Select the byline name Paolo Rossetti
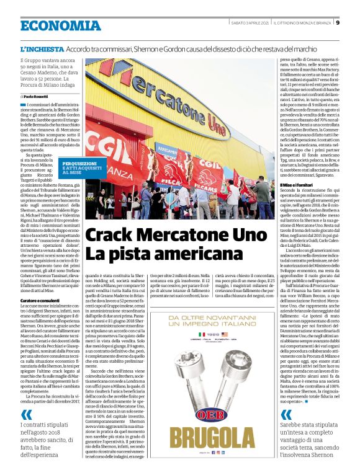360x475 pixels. coord(39,97)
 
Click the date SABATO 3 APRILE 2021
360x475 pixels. coord(246,24)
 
